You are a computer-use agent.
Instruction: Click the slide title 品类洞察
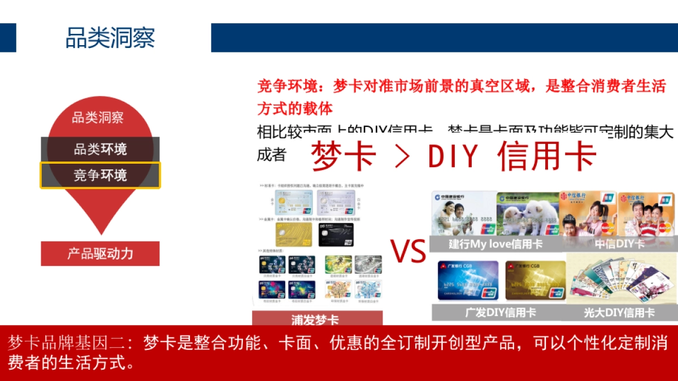(x=110, y=38)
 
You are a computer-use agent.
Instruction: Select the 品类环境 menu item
(x=100, y=150)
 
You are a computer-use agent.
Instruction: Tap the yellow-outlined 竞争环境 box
(x=100, y=175)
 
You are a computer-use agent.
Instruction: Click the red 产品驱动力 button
(x=100, y=253)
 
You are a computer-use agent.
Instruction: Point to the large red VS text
(x=408, y=251)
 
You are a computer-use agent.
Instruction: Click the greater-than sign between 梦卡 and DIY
(x=402, y=157)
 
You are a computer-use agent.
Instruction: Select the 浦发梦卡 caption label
(x=316, y=319)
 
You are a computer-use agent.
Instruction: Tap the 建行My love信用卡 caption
(x=496, y=244)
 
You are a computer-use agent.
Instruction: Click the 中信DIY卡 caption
(x=619, y=244)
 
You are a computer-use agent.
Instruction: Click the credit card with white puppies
(x=527, y=214)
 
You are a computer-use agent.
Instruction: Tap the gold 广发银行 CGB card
(x=535, y=280)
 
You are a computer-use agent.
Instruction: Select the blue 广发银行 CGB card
(x=468, y=280)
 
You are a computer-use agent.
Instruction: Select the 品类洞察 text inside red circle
(x=98, y=118)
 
